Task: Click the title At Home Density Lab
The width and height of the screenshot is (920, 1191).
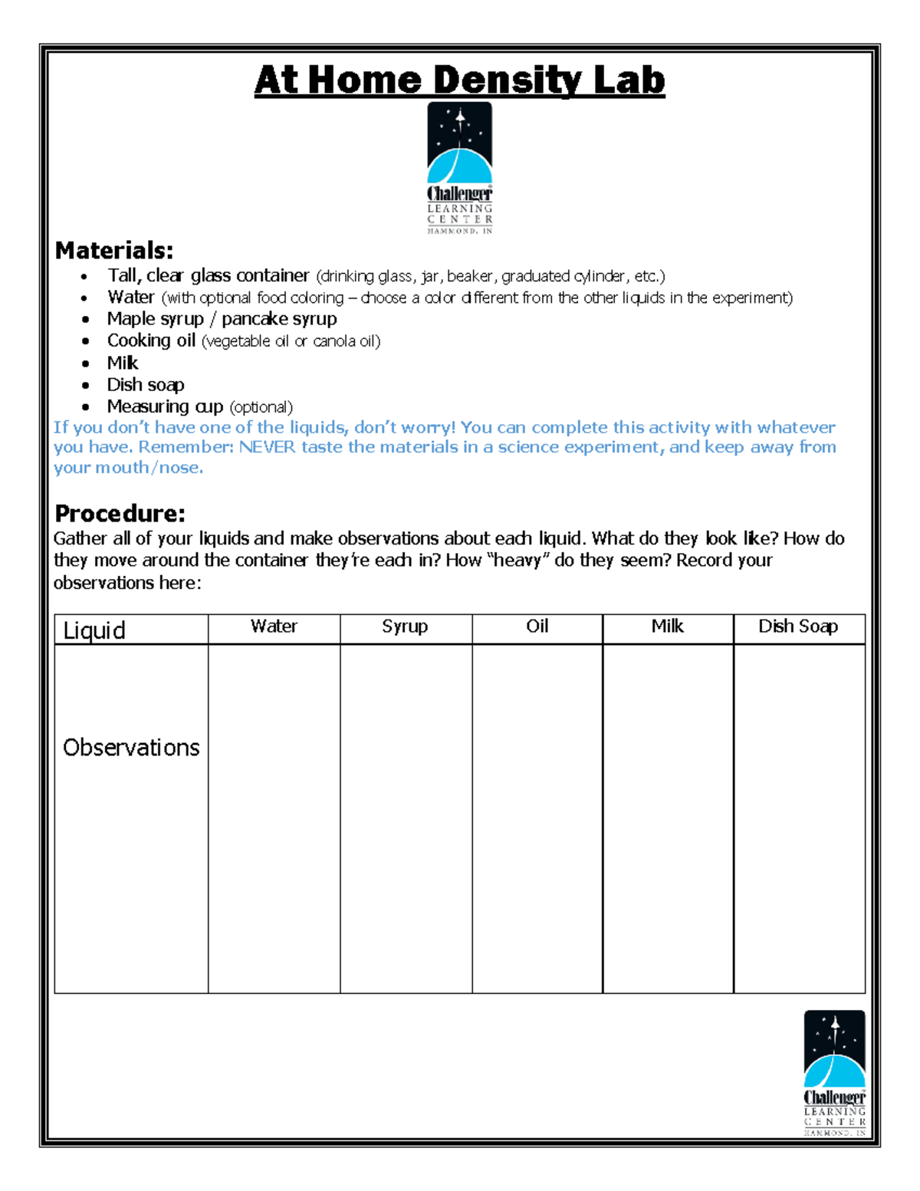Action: click(459, 81)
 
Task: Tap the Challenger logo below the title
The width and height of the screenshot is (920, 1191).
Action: click(459, 168)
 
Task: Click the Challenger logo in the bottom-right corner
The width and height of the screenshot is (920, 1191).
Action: click(834, 1073)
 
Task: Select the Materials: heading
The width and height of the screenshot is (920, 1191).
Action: click(114, 251)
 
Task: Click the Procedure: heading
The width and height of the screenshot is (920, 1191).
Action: click(120, 513)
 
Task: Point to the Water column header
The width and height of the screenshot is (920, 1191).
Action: click(274, 627)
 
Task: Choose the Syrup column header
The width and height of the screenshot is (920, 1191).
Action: click(405, 627)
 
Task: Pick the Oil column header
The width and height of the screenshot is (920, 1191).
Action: click(537, 627)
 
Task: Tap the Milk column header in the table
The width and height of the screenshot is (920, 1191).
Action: click(667, 627)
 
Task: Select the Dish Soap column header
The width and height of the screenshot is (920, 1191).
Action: click(798, 627)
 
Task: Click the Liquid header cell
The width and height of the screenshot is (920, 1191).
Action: click(94, 630)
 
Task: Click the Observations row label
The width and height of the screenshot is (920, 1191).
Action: click(131, 748)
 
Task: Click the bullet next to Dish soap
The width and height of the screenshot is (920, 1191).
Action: click(86, 386)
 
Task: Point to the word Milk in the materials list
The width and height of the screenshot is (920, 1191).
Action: click(123, 363)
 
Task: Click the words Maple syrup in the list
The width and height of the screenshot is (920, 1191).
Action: click(156, 319)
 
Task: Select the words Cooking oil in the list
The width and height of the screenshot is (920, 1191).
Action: click(151, 341)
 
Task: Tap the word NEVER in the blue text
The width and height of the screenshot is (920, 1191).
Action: click(267, 447)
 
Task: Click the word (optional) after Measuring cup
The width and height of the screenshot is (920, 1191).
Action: click(261, 407)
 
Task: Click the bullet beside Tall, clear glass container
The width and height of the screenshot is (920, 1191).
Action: click(86, 276)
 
